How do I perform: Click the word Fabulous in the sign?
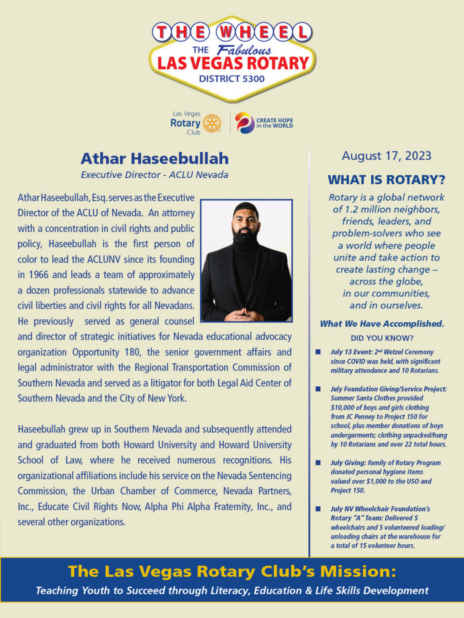[x=244, y=50]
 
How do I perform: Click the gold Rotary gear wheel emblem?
[x=212, y=123]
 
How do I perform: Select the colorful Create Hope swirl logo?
[x=245, y=123]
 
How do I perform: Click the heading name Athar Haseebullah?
[x=154, y=159]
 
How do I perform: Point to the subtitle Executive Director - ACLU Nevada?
[x=154, y=175]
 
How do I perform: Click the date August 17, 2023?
[x=386, y=156]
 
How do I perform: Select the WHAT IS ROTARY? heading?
[x=386, y=180]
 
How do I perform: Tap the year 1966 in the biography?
[x=39, y=275]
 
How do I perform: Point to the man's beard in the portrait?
[x=245, y=234]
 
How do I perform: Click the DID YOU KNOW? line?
[x=382, y=338]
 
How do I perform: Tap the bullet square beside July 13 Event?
[x=318, y=352]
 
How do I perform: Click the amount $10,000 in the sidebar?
[x=342, y=408]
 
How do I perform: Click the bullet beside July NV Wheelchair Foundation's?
[x=318, y=509]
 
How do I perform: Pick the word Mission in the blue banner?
[x=358, y=571]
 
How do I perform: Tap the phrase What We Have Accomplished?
[x=382, y=324]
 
